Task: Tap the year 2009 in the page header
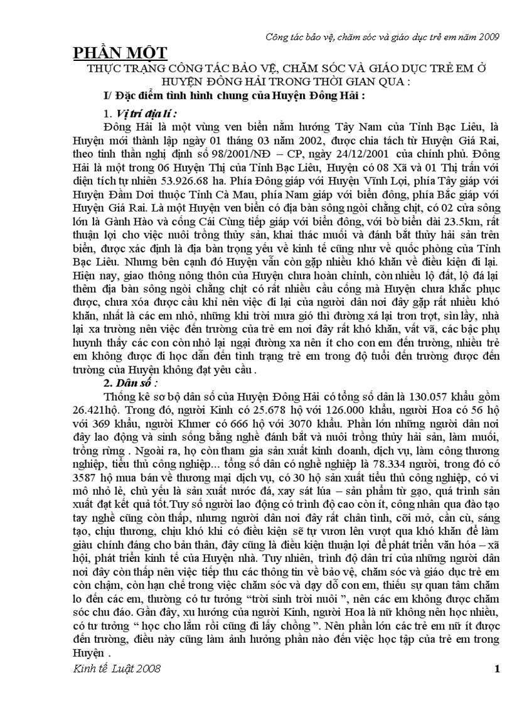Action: tap(488, 37)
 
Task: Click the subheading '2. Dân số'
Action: tap(131, 382)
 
